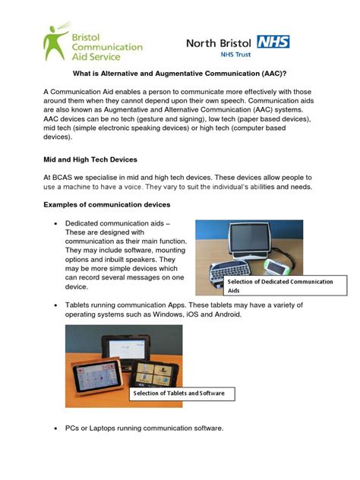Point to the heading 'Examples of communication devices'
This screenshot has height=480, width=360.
(x=107, y=205)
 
